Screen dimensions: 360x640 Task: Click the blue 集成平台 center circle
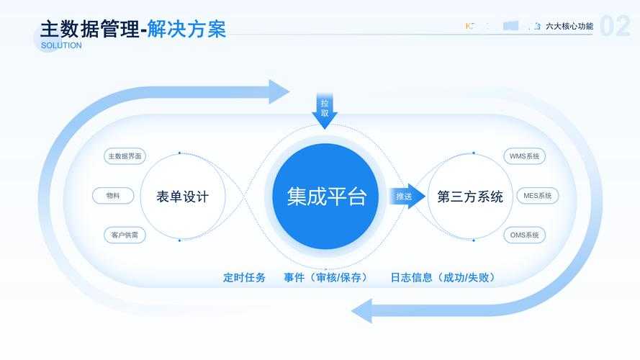coord(326,196)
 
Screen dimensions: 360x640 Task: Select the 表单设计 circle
coord(182,196)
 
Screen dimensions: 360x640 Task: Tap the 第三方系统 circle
coord(470,196)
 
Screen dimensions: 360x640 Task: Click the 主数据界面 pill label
coord(125,156)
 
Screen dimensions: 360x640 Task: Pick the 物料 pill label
coord(113,195)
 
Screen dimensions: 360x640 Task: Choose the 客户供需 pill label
coord(125,235)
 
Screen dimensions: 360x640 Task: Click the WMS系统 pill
coord(524,156)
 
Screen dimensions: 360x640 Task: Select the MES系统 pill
coord(537,195)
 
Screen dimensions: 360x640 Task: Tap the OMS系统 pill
coord(524,235)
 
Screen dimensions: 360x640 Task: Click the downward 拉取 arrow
coord(325,109)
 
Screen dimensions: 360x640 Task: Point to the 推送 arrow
coord(406,196)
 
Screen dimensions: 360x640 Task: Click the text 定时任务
coord(244,277)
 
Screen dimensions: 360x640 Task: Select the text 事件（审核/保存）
coord(326,277)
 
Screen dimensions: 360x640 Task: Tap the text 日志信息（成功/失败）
coord(443,277)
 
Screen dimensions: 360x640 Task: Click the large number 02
coord(616,27)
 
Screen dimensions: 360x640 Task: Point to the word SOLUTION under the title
coord(61,45)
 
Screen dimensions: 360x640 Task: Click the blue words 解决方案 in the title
coord(186,29)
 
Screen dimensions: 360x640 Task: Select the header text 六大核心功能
coord(569,26)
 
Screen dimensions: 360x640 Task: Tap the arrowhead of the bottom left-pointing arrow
coord(362,311)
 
